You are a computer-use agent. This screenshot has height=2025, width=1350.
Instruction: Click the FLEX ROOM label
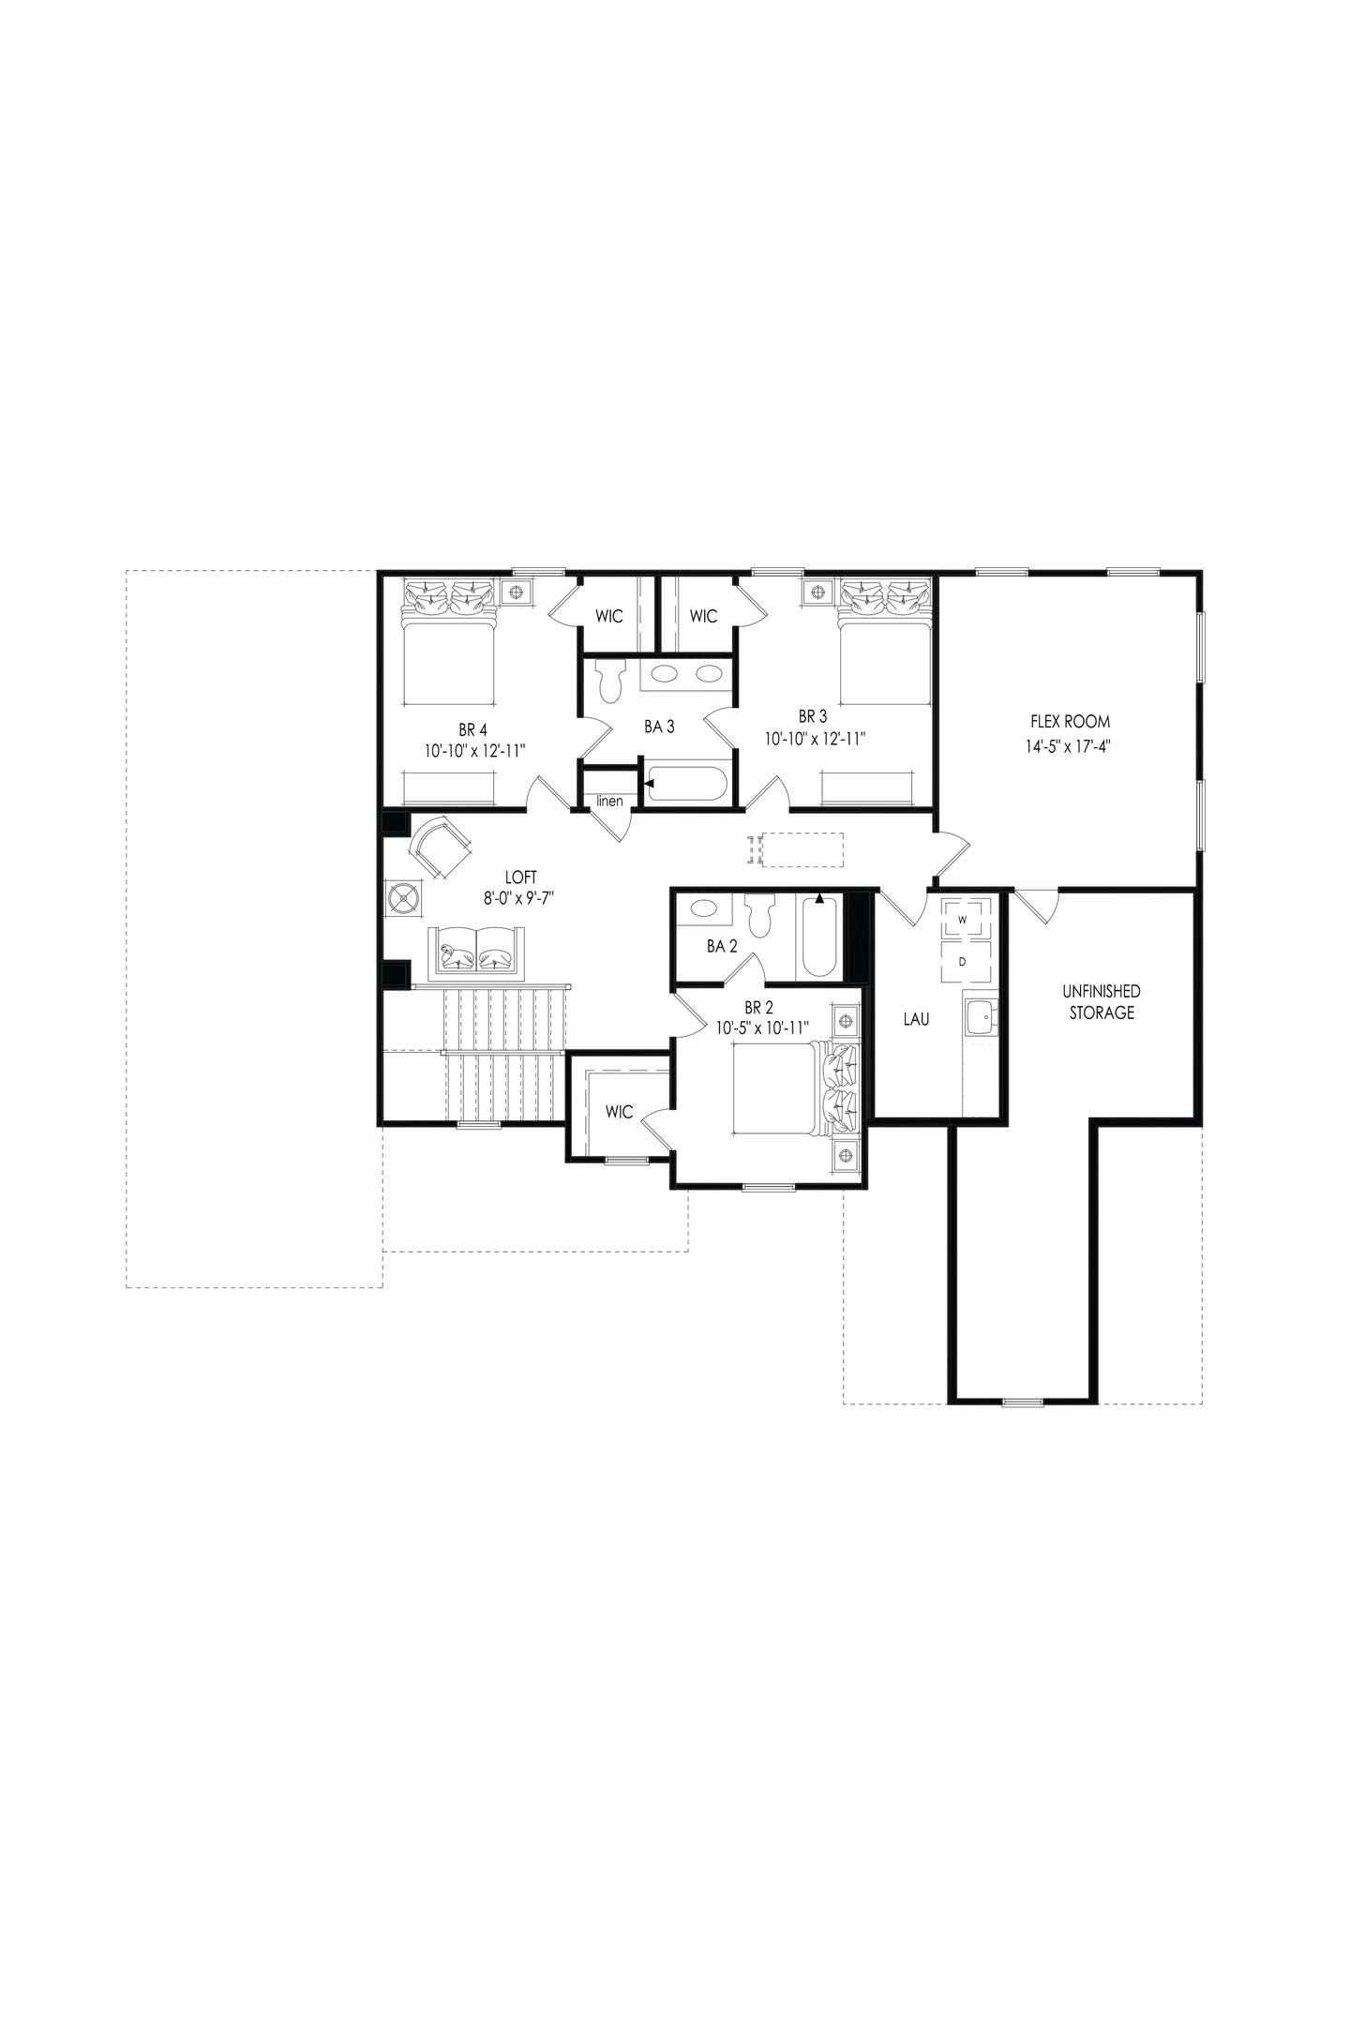click(1070, 722)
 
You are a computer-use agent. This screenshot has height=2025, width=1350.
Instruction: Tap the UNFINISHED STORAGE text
click(1101, 1001)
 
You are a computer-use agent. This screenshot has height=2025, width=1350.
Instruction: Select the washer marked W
click(963, 919)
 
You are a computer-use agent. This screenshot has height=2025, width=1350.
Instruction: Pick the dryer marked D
click(963, 961)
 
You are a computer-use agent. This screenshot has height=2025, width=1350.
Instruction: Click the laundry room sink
click(981, 1017)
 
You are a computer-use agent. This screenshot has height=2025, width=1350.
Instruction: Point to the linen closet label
click(610, 802)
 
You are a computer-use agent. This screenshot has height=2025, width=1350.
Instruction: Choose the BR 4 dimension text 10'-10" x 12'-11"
click(473, 750)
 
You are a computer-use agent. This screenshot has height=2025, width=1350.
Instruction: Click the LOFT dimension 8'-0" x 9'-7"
click(521, 898)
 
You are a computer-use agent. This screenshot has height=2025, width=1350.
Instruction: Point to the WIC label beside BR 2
click(619, 1113)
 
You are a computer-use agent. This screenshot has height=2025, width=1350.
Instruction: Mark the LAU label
click(916, 1019)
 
